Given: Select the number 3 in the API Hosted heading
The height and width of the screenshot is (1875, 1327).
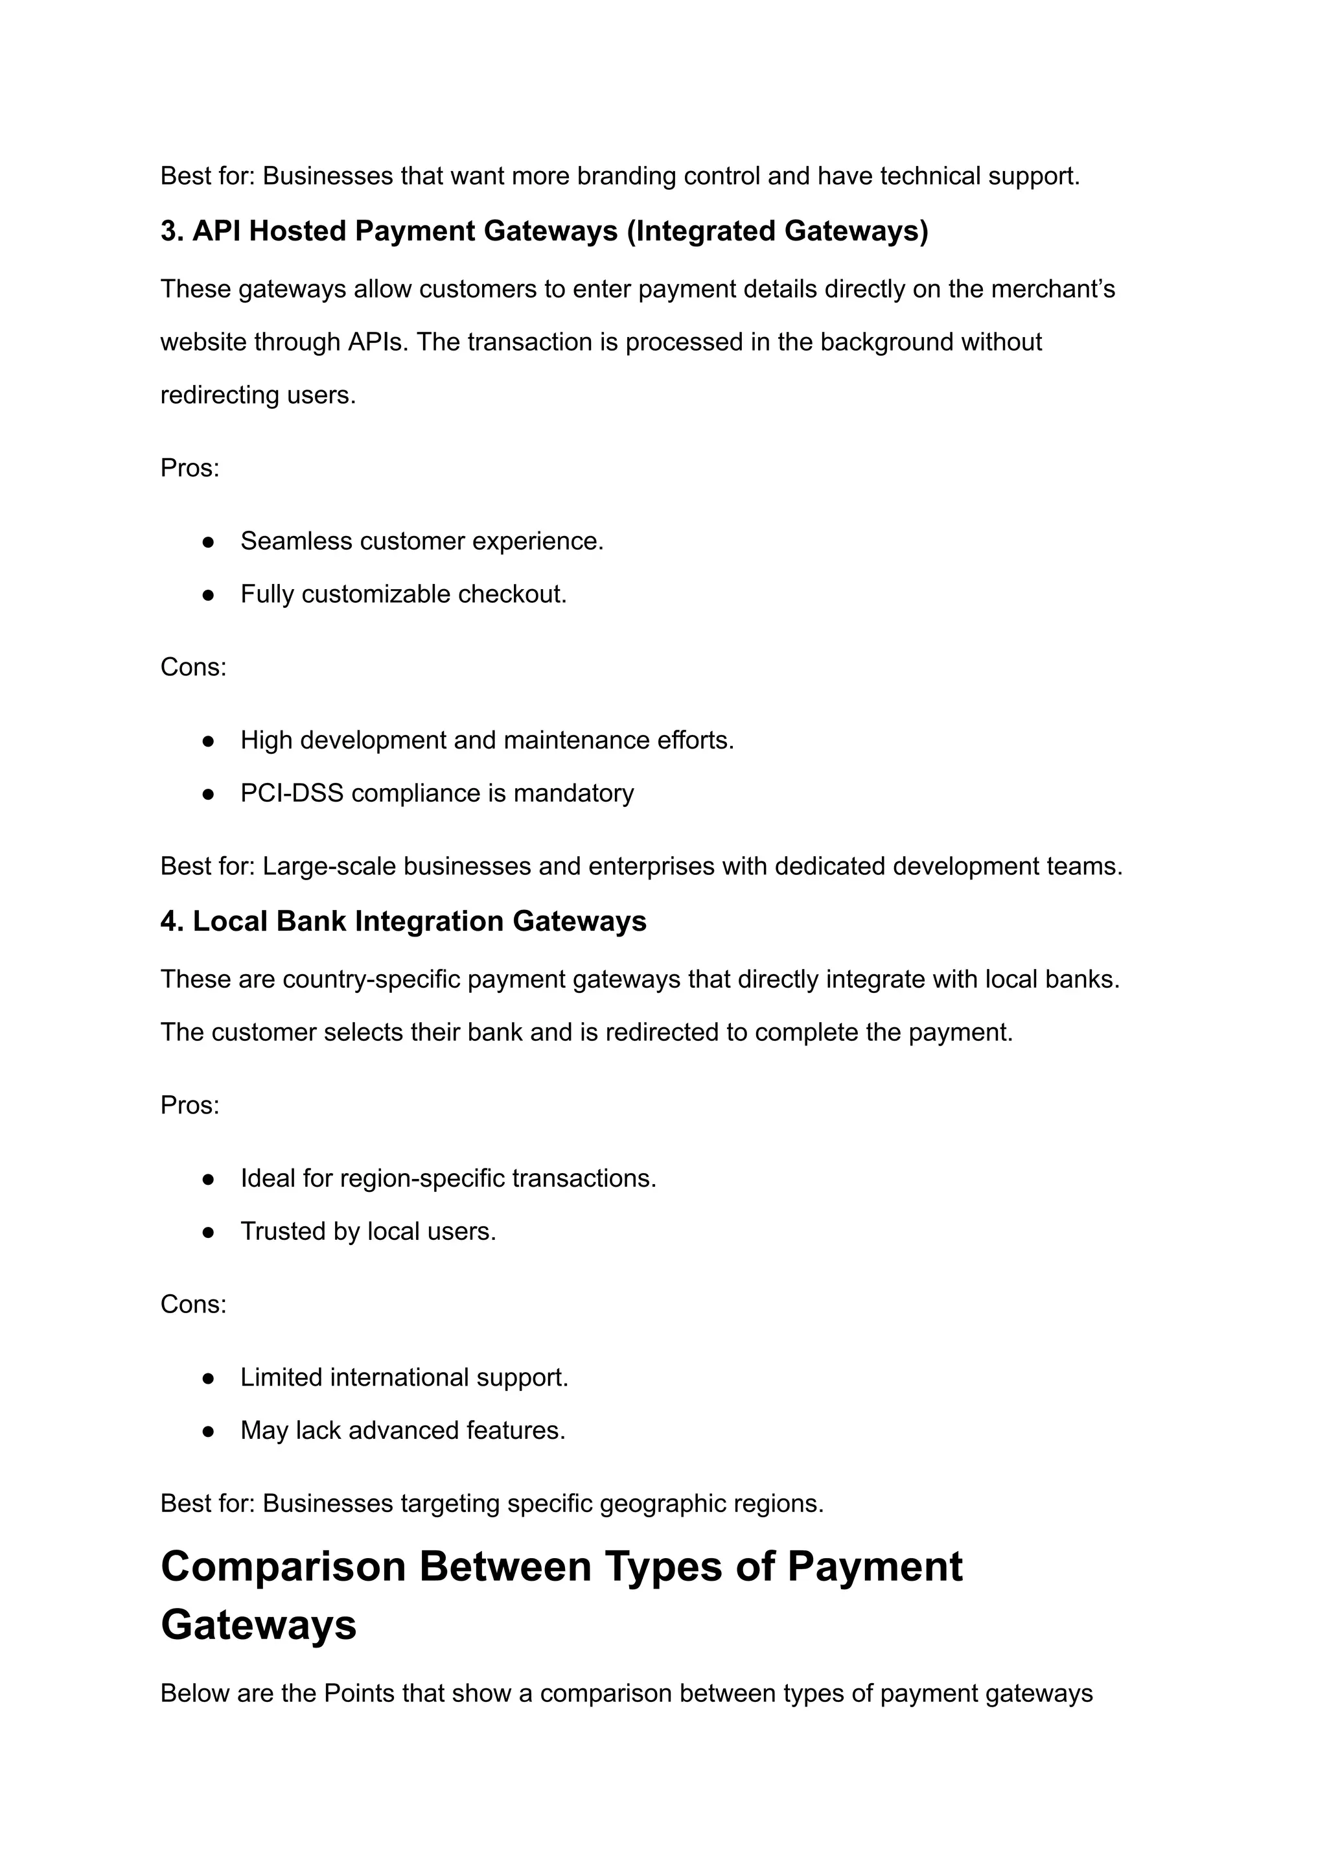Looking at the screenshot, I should tap(169, 231).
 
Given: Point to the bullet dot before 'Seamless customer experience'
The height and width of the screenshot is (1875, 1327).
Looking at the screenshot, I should tap(209, 542).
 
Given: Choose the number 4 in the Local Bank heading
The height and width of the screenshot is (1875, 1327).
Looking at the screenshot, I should tap(169, 921).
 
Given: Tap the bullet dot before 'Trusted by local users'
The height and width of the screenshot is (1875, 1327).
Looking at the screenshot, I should tap(209, 1232).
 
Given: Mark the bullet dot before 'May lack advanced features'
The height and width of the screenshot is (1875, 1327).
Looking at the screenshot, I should tap(209, 1431).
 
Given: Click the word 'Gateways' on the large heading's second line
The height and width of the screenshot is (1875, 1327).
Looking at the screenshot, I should tap(259, 1625).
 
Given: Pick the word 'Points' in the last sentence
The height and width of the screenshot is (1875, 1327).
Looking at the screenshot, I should tap(359, 1693).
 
